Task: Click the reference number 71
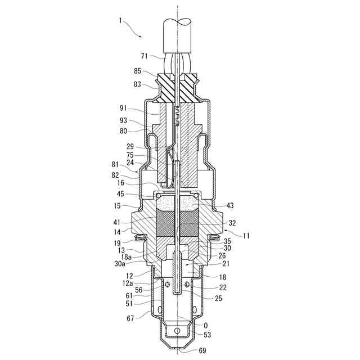[145, 56]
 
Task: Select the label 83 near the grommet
[138, 85]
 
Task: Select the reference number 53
[207, 335]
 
